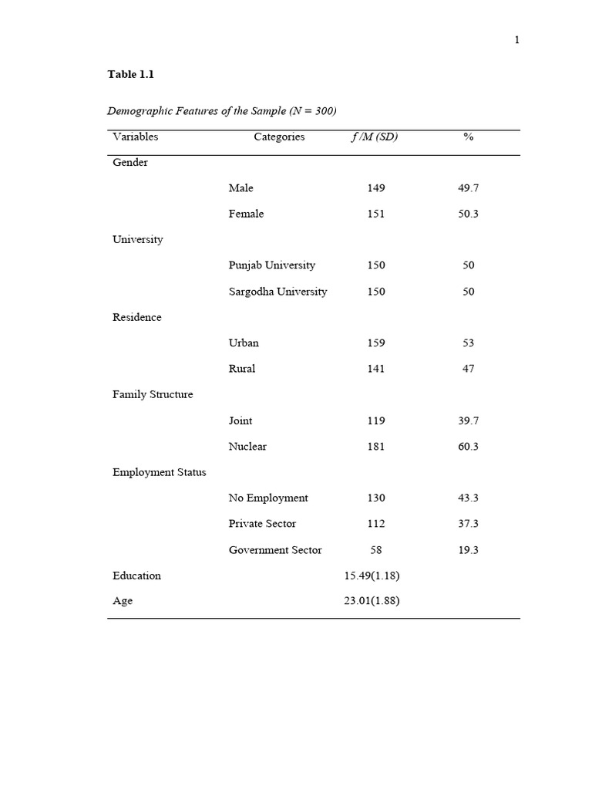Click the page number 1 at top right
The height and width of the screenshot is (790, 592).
click(517, 40)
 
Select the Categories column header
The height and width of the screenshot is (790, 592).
click(279, 137)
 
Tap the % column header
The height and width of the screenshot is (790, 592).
click(468, 137)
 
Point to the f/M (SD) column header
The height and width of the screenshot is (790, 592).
click(375, 137)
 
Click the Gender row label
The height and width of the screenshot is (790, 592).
click(130, 163)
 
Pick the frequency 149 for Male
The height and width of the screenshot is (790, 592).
click(376, 188)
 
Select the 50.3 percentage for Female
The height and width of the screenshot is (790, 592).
click(468, 214)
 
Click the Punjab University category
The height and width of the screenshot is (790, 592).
click(271, 265)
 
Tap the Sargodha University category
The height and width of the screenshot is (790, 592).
click(277, 292)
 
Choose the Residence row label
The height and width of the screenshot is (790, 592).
click(137, 318)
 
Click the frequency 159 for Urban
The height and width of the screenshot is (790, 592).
click(376, 343)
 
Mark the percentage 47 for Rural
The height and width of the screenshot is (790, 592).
click(468, 369)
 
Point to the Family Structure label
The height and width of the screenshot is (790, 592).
click(153, 395)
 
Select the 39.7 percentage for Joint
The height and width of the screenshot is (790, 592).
click(468, 421)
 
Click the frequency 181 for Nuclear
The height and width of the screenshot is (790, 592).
click(376, 447)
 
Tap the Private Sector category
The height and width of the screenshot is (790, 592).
click(262, 524)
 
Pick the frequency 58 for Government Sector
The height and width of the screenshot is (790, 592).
click(376, 550)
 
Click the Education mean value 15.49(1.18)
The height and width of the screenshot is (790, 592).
click(372, 576)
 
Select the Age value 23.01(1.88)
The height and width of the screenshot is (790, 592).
click(372, 601)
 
